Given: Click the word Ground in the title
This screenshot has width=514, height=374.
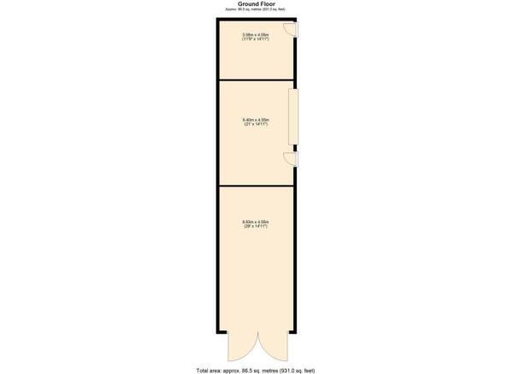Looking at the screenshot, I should click(247, 3).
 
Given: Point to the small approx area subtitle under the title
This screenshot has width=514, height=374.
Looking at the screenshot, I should click(257, 9).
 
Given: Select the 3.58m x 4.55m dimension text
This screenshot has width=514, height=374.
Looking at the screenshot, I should click(257, 35).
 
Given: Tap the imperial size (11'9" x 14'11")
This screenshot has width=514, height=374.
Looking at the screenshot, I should click(257, 39).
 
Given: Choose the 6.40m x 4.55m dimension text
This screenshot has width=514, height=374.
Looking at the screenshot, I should click(257, 119).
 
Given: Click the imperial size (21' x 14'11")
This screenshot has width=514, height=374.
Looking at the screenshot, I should click(257, 124).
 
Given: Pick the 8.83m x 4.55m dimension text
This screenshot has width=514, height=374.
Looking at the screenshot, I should click(257, 223).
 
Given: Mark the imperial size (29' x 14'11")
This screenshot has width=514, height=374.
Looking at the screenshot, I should click(257, 228).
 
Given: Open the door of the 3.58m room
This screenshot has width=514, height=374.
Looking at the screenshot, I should click(292, 29).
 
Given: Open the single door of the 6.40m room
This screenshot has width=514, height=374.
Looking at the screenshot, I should click(292, 158).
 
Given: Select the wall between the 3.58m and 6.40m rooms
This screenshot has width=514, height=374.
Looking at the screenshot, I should click(257, 80).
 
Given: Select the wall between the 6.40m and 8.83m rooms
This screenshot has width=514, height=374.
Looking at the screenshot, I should click(257, 185).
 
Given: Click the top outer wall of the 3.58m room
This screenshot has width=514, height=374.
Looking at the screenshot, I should click(257, 17).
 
